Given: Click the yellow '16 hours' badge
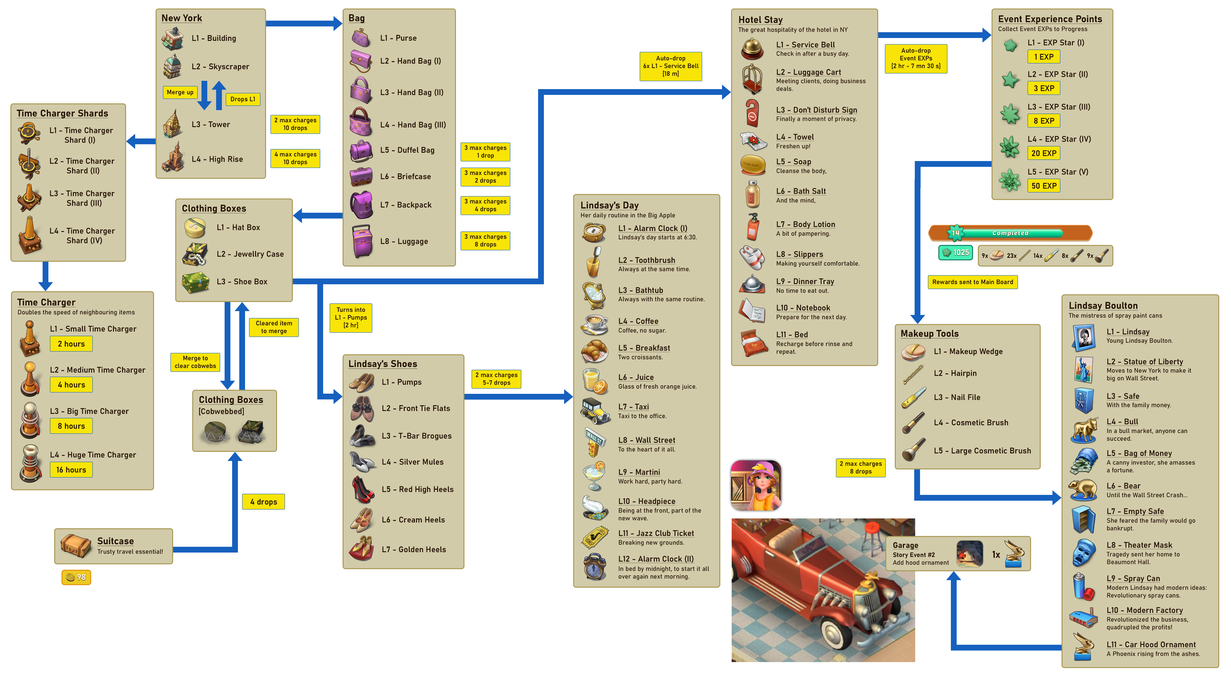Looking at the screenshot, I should click(x=71, y=470).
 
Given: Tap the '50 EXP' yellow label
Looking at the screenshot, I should click(x=1044, y=186).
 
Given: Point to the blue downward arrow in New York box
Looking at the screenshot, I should click(x=204, y=95).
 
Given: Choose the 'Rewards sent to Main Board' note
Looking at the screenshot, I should click(x=972, y=282).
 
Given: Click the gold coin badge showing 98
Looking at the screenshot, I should click(x=76, y=577).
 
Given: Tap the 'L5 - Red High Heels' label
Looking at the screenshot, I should click(x=417, y=489).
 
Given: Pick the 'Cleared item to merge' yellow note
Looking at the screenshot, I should click(x=274, y=327).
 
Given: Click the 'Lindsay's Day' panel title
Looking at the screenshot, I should click(x=609, y=205).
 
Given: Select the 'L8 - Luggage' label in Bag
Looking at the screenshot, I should click(x=404, y=241).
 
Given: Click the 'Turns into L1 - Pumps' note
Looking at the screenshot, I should click(x=351, y=317).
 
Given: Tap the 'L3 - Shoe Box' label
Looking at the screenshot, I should click(x=242, y=281).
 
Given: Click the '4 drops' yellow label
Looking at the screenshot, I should click(x=263, y=502).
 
